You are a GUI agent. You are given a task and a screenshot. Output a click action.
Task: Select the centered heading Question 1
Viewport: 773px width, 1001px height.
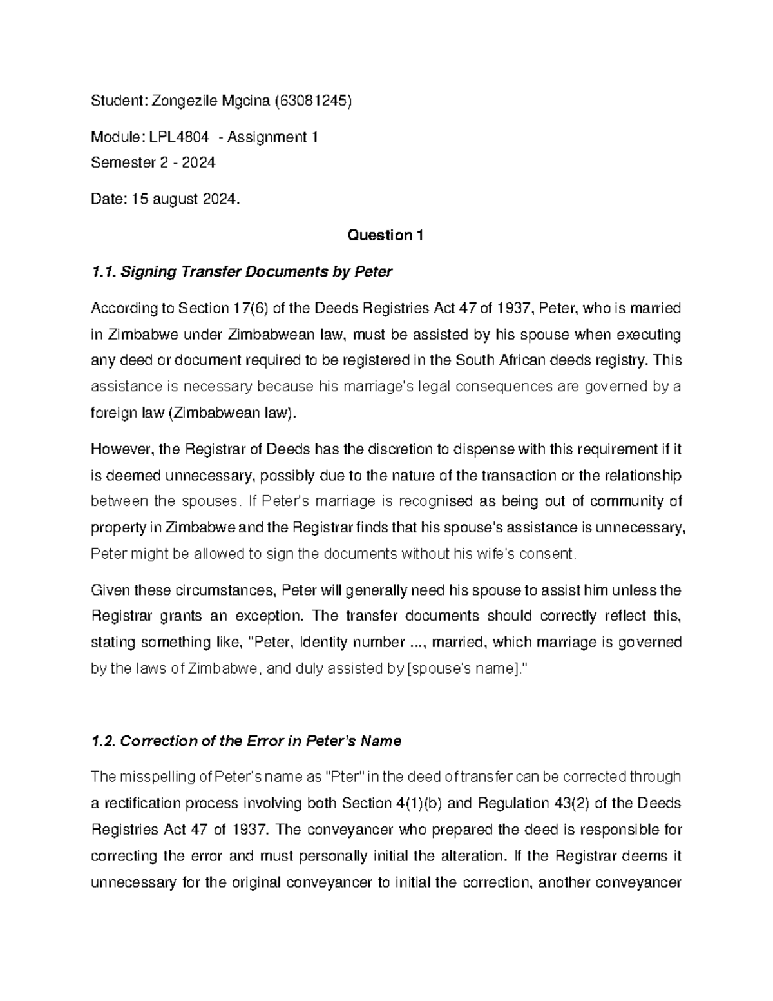click(x=385, y=235)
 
